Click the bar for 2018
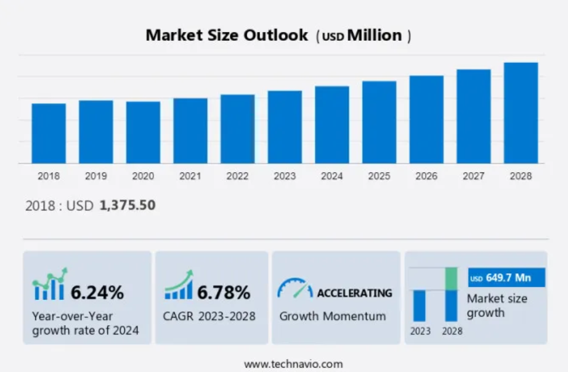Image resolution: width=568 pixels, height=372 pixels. coord(49,133)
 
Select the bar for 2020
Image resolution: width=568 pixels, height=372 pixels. coord(143,133)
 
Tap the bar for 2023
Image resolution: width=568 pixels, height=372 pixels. coord(285,127)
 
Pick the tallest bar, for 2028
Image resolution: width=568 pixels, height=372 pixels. coord(521,113)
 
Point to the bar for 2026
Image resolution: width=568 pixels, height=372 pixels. coord(426,120)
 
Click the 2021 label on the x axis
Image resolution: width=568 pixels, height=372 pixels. coord(190,176)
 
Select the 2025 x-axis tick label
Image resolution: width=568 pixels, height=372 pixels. coord(379,176)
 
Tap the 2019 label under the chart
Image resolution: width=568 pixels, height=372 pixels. coord(96,176)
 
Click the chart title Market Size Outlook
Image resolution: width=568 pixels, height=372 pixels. coord(226,35)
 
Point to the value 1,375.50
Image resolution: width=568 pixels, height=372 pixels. coord(128,205)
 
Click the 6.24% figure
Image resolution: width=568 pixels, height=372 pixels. coord(97,291)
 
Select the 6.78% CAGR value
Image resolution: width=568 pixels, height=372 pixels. coord(224,291)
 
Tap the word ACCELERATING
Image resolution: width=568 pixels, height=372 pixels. coord(354,292)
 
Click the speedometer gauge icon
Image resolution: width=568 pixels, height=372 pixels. coord(294,289)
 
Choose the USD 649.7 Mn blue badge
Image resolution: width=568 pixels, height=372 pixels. coord(506,278)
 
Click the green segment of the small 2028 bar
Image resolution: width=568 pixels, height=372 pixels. coord(451,278)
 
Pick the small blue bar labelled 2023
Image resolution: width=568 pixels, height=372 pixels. coord(420,305)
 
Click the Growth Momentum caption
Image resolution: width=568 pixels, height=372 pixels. coord(332,316)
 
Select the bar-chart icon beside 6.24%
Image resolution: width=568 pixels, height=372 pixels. coord(49,285)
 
